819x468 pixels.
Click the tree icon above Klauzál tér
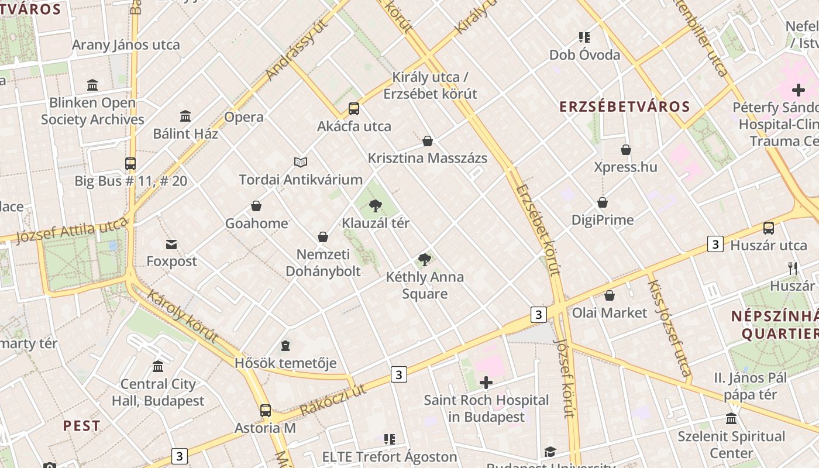(376, 205)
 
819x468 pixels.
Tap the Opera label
(244, 116)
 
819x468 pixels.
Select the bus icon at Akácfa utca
(354, 109)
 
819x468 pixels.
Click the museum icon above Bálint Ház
(185, 116)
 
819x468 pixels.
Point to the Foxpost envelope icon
(171, 244)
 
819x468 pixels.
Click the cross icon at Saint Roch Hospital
(486, 383)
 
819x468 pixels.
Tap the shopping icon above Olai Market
(610, 295)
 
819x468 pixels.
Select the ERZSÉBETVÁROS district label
(625, 106)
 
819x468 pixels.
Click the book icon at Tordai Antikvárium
(301, 162)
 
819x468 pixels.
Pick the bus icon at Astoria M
(266, 410)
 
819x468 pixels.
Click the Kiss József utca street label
(669, 328)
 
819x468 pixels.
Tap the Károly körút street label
(182, 315)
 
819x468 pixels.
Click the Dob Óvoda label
(584, 55)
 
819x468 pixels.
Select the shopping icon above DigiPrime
(603, 203)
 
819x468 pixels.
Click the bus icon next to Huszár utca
(769, 228)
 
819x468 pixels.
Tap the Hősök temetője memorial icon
(285, 346)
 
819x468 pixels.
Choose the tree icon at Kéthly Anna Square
(425, 260)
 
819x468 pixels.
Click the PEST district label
(82, 425)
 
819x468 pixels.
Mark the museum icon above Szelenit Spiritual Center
(731, 419)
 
